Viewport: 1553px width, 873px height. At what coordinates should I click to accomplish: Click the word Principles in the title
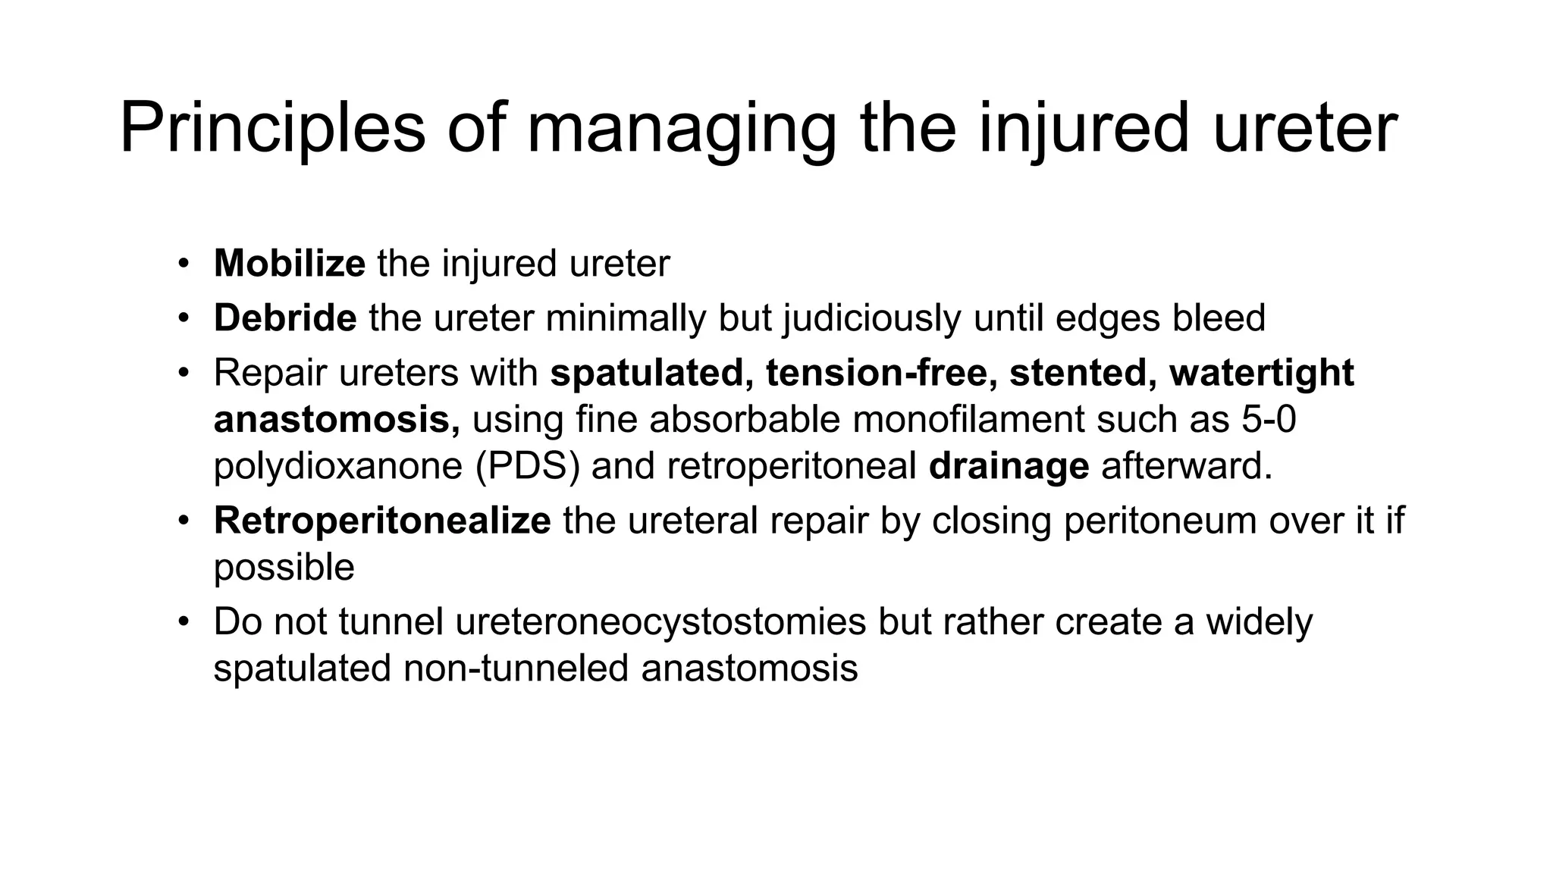coord(272,129)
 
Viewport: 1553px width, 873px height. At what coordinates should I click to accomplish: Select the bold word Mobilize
coord(290,264)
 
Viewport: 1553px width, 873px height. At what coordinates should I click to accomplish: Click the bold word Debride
coord(285,318)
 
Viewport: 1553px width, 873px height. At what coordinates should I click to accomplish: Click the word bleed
coord(1219,318)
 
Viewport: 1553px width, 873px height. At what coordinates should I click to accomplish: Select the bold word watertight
coord(1262,373)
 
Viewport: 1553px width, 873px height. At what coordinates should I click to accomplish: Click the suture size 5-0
coord(1269,420)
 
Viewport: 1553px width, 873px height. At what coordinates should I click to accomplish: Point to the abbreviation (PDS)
coord(528,466)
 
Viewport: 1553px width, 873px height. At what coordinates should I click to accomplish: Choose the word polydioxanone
coord(337,466)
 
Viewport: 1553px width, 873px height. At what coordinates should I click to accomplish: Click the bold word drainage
coord(1009,466)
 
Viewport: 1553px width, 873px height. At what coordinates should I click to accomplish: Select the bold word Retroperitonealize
coord(382,521)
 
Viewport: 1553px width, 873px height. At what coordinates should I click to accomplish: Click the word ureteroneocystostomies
coord(660,622)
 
